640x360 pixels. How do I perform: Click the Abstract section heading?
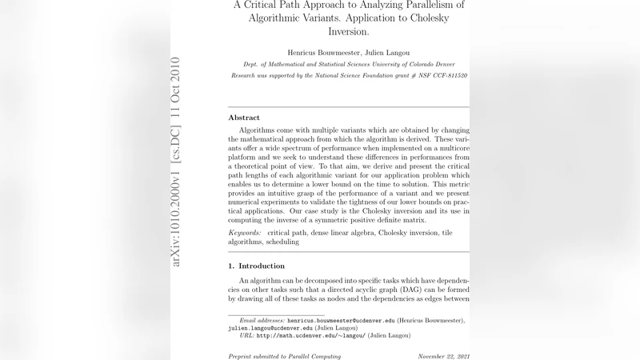click(244, 118)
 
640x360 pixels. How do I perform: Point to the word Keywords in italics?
click(246, 231)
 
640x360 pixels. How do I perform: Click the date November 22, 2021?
click(443, 355)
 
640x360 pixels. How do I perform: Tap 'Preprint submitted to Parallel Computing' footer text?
click(285, 355)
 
